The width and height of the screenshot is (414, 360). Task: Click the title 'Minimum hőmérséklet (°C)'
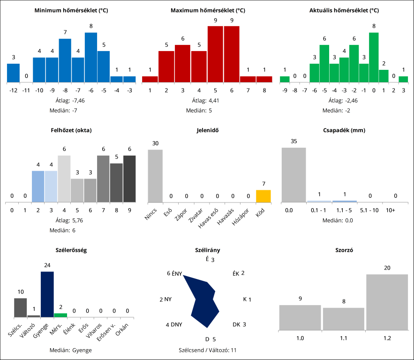pyautogui.click(x=71, y=10)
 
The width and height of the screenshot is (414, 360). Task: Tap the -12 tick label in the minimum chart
pyautogui.click(x=13, y=90)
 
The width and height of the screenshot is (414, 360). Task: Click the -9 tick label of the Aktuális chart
pyautogui.click(x=285, y=90)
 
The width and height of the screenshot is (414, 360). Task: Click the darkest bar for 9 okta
pyautogui.click(x=129, y=179)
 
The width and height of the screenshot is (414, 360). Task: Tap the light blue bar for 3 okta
pyautogui.click(x=51, y=187)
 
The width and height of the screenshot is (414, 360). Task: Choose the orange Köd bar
pyautogui.click(x=263, y=196)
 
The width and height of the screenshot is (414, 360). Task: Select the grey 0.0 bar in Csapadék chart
pyautogui.click(x=294, y=175)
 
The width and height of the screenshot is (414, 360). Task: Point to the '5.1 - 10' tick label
pyautogui.click(x=369, y=210)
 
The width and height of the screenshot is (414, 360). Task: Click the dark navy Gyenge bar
pyautogui.click(x=47, y=294)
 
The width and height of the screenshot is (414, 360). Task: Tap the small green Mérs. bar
pyautogui.click(x=60, y=315)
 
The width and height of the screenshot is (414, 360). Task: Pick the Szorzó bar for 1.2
pyautogui.click(x=387, y=302)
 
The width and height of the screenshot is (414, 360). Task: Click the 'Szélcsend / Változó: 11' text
pyautogui.click(x=207, y=350)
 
